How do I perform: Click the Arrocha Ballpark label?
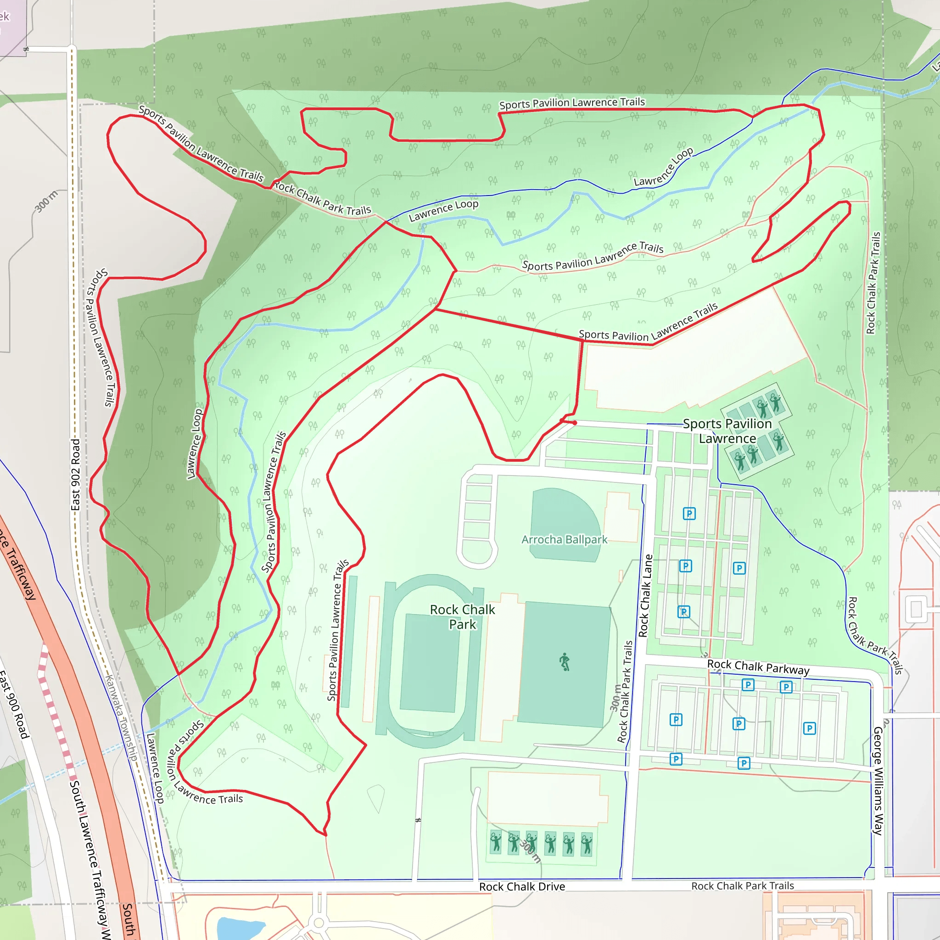point(564,540)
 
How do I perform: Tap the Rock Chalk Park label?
point(462,616)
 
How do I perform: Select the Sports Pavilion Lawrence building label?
point(727,431)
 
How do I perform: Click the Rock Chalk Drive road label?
point(521,886)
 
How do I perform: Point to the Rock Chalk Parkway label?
point(758,666)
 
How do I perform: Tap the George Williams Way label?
point(878,780)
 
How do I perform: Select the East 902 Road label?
point(75,475)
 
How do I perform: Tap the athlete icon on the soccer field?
point(565,662)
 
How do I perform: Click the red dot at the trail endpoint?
point(575,423)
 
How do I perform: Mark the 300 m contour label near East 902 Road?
point(46,201)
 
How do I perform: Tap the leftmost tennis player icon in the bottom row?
point(495,842)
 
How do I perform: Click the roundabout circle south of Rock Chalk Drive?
point(319,923)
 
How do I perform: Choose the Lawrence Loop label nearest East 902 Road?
point(195,444)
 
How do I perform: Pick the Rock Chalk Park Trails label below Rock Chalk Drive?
point(743,885)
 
